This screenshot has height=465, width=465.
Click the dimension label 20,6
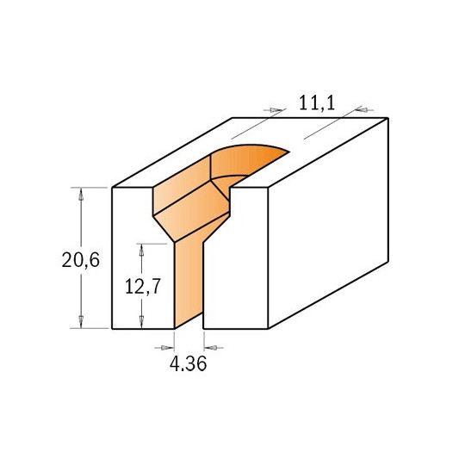(81, 260)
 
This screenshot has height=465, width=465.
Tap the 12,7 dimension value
(143, 287)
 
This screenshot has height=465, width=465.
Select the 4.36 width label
(188, 364)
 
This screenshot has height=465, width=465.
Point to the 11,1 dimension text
(317, 103)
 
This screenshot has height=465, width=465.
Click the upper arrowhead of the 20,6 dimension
(81, 195)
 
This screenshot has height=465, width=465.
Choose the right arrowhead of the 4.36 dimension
(211, 348)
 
